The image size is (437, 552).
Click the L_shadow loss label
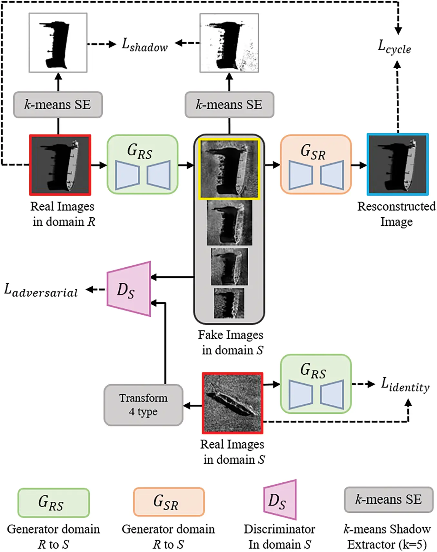[145, 45]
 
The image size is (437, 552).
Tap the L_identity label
[405, 384]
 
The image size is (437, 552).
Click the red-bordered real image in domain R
[60, 165]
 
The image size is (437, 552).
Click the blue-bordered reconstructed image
[398, 164]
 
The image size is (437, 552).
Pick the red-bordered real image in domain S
[233, 403]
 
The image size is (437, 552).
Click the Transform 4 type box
[144, 405]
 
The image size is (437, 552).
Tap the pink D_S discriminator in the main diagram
[129, 289]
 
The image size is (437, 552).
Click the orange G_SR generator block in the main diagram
[315, 164]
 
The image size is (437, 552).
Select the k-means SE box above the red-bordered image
[58, 105]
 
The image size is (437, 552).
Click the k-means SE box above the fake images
[229, 105]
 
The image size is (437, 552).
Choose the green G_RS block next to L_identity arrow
[315, 384]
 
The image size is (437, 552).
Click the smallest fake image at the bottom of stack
[229, 303]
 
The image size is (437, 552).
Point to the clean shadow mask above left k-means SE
[58, 43]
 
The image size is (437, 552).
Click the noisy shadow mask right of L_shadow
[229, 43]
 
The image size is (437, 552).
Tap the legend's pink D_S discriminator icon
[280, 500]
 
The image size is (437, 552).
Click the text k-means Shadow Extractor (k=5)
[387, 537]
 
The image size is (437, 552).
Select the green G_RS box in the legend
[54, 502]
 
